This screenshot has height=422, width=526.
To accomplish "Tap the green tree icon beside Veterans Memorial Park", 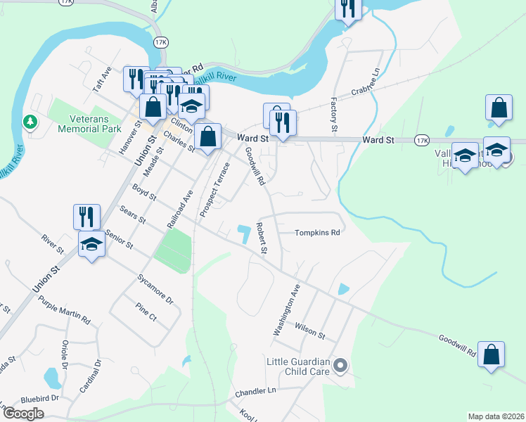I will (x=30, y=122).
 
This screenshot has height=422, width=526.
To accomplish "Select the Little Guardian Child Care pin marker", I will (x=340, y=365).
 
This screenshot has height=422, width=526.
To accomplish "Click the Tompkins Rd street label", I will (x=317, y=232).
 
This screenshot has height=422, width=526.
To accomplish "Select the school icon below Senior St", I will (x=91, y=245).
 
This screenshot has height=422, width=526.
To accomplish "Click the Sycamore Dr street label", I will (x=155, y=288).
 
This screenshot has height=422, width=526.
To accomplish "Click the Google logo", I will (x=23, y=413).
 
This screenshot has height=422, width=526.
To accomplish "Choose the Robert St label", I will (x=262, y=238).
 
